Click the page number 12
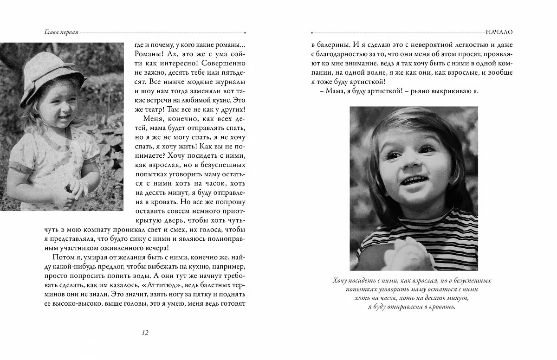(144, 332)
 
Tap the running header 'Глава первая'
(58, 33)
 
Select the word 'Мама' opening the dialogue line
(326, 91)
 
